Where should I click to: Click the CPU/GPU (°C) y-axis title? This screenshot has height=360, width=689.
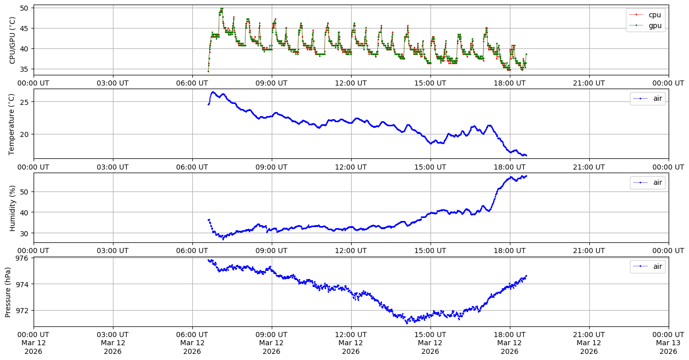[x=12, y=40]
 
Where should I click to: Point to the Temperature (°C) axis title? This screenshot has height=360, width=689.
[x=12, y=124]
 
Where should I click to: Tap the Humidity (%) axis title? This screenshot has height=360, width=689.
[x=12, y=208]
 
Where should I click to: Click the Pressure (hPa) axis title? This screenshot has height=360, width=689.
[x=8, y=292]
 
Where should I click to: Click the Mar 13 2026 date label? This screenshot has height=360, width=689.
[x=668, y=343]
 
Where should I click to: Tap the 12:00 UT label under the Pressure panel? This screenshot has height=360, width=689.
[x=351, y=335]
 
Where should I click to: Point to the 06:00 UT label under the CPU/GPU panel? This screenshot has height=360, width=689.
[x=192, y=83]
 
